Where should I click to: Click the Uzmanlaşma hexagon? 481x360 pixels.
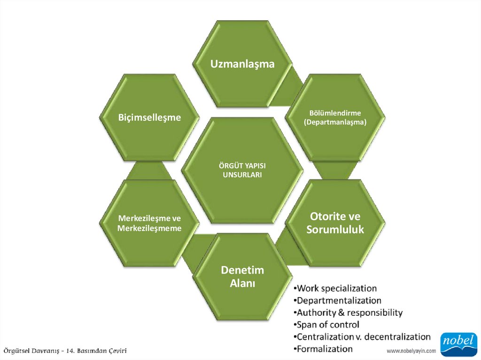coord(242,64)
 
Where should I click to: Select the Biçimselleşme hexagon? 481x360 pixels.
coord(149,117)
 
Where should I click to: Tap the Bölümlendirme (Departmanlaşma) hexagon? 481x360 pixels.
coord(335,117)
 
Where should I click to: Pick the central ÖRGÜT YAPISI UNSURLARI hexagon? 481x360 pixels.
coord(242,170)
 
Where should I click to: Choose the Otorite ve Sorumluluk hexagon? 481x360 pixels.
coord(335,223)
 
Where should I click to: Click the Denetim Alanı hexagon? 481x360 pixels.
coord(242,277)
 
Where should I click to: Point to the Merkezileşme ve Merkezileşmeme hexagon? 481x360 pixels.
coord(149,223)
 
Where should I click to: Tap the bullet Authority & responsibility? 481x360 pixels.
coord(347,312)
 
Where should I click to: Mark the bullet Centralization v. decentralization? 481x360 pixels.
coord(361,337)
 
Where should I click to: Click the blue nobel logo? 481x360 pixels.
coord(458,344)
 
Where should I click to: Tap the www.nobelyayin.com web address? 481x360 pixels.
coord(411,351)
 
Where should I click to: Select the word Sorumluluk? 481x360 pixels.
coord(335,230)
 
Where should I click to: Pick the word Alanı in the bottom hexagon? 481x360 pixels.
coord(242,283)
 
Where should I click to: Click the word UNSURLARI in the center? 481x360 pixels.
coord(242,175)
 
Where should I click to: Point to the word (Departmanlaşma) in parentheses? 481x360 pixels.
coord(335,122)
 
